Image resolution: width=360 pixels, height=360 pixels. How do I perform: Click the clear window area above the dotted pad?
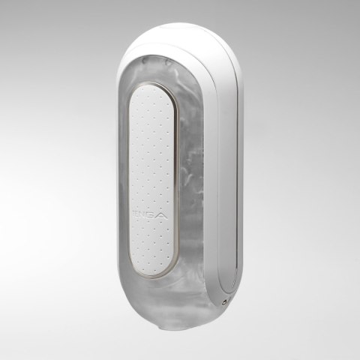(161, 64)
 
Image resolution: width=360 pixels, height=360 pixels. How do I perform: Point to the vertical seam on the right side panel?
(234, 172)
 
